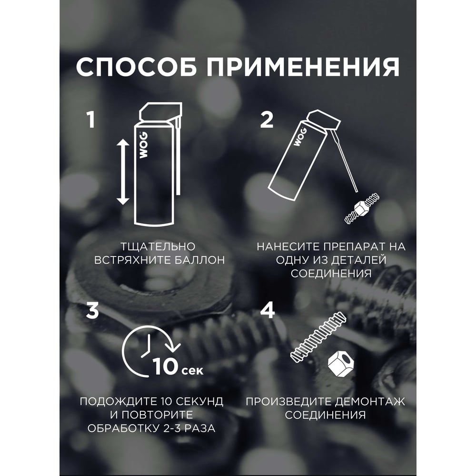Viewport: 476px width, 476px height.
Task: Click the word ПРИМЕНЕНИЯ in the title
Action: coord(303,67)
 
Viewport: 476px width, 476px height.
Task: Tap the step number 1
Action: coord(90,119)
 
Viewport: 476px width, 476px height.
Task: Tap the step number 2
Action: coord(267,119)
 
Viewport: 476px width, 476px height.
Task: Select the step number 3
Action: coord(93,310)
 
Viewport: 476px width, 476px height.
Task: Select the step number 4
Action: coord(268,310)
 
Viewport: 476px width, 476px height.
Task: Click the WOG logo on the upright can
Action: coord(143,145)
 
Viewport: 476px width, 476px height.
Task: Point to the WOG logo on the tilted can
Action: coord(300,137)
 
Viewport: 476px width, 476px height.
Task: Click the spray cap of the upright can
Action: coord(160,112)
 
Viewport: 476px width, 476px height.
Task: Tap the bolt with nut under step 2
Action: coord(362,208)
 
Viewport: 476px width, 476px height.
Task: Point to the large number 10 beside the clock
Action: coord(165,366)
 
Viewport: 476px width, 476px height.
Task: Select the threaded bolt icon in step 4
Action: coord(318,337)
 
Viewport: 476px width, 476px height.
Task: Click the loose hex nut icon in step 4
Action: coord(341,364)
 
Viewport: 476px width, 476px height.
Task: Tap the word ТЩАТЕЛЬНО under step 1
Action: coord(158,247)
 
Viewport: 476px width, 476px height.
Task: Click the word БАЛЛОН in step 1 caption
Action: coord(198,260)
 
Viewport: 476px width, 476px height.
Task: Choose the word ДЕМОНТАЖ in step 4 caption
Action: coord(370,402)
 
